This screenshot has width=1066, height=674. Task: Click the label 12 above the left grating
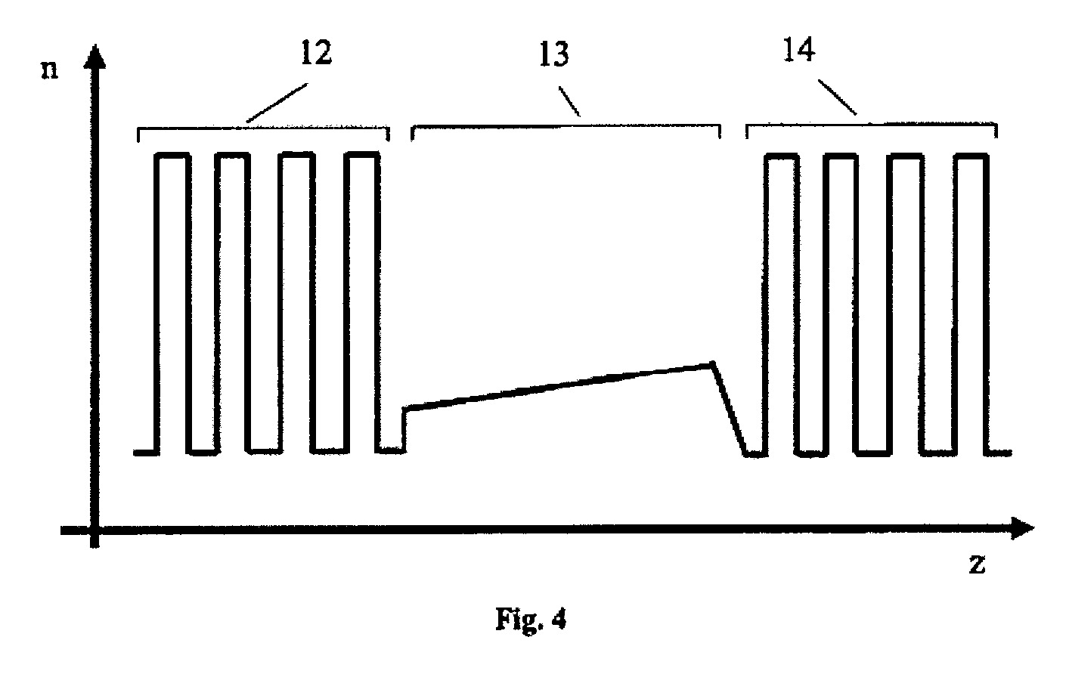tap(317, 53)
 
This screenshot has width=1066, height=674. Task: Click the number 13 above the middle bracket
tap(554, 54)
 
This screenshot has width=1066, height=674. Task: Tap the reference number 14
tap(799, 49)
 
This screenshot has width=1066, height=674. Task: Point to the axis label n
tap(49, 70)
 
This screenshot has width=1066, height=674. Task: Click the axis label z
tap(977, 564)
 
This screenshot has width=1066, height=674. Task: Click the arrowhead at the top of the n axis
tap(95, 56)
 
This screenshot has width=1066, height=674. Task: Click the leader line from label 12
tap(277, 103)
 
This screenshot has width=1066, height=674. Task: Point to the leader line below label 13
tap(569, 101)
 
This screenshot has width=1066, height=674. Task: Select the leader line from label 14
tap(838, 97)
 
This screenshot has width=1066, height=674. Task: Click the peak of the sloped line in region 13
tap(712, 364)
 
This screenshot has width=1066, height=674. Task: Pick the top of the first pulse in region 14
tap(782, 156)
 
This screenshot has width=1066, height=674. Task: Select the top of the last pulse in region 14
tap(971, 156)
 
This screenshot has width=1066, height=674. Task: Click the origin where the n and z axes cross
tap(95, 529)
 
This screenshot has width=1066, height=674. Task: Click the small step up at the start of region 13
tap(404, 429)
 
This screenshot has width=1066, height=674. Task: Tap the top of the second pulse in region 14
tap(841, 156)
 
